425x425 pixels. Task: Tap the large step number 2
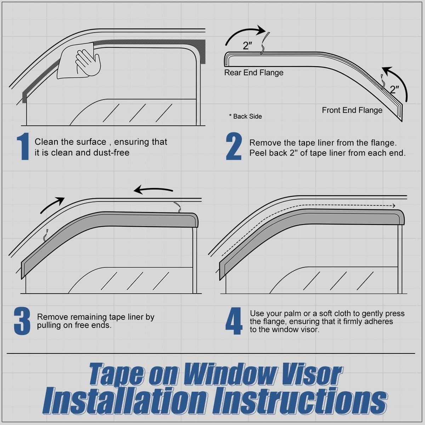pos(234,147)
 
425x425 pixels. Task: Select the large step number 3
pos(22,321)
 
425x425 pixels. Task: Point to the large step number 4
pos(234,321)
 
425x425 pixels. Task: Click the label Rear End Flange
pos(254,73)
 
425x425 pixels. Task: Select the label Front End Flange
pos(352,110)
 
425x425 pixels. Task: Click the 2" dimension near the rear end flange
pos(247,46)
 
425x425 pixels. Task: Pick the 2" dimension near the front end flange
pos(394,89)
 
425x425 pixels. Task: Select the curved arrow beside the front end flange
pos(398,81)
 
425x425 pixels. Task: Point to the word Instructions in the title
pos(301,401)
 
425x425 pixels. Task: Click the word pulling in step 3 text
pos(49,325)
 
